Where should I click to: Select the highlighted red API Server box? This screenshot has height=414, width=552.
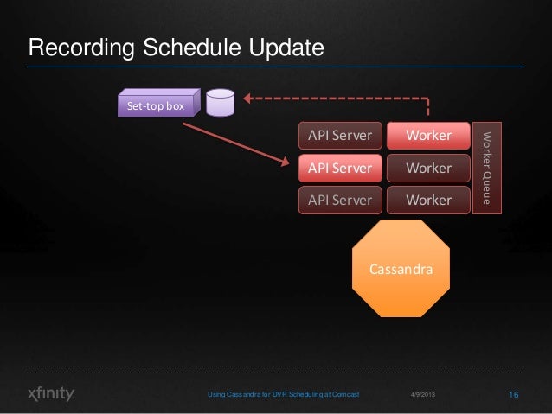[340, 168]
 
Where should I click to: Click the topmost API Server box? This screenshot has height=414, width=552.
[340, 136]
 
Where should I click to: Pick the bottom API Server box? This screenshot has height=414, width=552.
[340, 200]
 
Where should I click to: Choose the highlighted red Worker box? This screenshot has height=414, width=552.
[428, 136]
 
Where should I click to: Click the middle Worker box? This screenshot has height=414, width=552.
[428, 168]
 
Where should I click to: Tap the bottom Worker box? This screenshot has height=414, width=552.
[428, 200]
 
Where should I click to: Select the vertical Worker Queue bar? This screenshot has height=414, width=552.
[486, 167]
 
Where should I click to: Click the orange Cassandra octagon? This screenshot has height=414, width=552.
[401, 270]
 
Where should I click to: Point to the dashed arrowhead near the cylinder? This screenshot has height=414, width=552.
[247, 98]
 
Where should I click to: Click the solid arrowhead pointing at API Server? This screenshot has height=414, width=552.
[286, 163]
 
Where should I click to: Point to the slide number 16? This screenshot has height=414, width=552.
[513, 395]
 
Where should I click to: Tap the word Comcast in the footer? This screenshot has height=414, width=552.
[343, 395]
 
